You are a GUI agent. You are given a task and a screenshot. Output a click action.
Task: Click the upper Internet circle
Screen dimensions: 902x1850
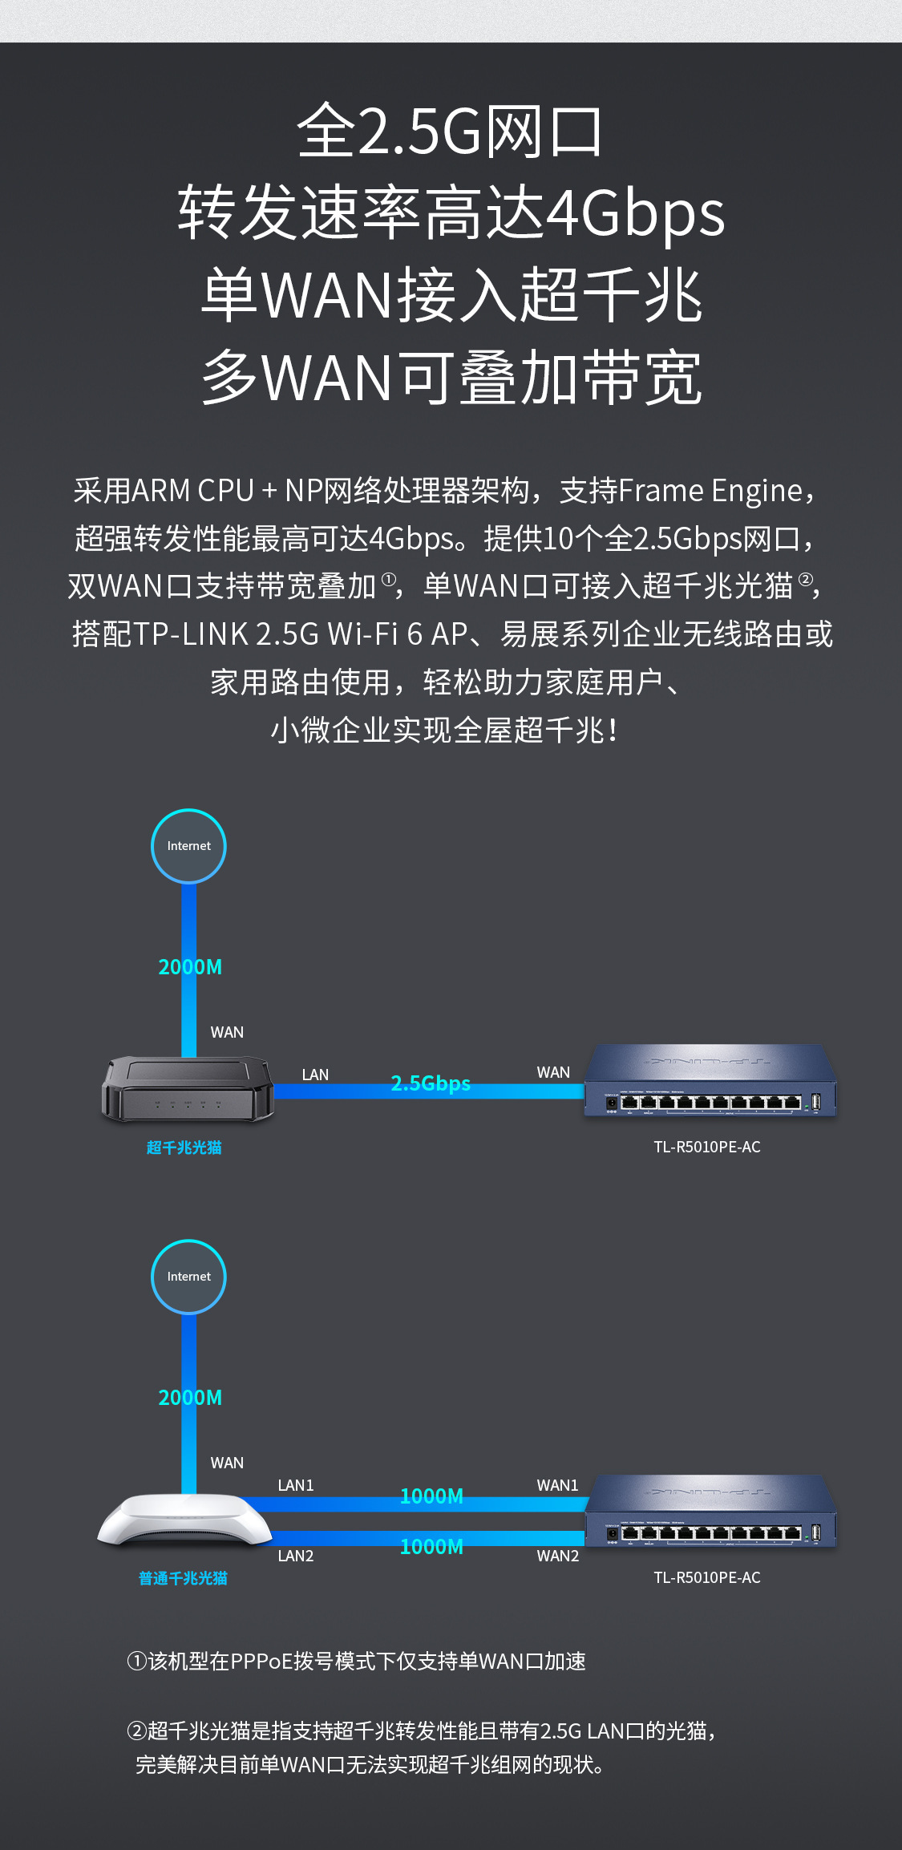tap(188, 846)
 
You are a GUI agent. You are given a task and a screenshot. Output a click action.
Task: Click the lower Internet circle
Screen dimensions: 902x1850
tap(188, 1277)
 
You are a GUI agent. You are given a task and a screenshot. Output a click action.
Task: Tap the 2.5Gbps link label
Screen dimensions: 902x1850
tap(431, 1083)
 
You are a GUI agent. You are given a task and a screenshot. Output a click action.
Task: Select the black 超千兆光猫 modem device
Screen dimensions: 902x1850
tap(188, 1088)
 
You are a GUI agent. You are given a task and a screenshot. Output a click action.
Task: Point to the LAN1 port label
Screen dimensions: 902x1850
tap(295, 1485)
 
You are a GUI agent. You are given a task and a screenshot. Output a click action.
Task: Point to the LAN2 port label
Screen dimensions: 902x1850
tap(295, 1556)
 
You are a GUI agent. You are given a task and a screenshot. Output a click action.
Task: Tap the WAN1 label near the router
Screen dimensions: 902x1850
tap(557, 1485)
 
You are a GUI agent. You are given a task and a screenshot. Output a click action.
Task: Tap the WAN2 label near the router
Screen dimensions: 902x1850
tap(557, 1556)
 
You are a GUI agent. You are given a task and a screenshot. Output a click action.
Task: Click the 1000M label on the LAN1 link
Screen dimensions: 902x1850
tap(431, 1496)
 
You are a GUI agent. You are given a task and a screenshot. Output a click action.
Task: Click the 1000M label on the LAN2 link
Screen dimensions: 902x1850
tap(431, 1547)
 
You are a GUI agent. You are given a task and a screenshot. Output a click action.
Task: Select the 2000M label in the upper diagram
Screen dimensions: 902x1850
tap(190, 967)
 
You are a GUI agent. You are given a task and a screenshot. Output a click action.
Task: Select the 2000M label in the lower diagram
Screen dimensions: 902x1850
tap(190, 1398)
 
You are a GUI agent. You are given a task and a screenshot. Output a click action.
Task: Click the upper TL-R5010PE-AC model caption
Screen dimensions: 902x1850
tap(706, 1147)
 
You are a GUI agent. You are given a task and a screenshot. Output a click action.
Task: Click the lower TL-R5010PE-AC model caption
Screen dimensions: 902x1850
tap(706, 1577)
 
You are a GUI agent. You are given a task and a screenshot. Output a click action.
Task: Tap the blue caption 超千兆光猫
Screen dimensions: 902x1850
tap(184, 1148)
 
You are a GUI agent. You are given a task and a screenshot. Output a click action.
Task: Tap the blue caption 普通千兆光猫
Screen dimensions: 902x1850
tap(183, 1578)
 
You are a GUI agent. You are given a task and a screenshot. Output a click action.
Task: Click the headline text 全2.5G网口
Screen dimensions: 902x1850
tap(450, 132)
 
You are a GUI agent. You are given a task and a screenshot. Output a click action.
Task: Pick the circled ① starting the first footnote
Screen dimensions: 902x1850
tap(136, 1661)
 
